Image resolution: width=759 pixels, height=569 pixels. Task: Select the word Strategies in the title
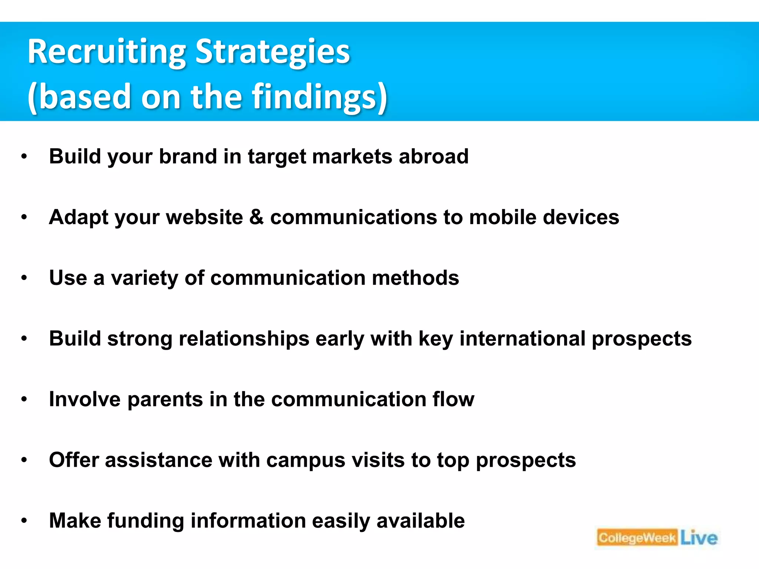coord(272,53)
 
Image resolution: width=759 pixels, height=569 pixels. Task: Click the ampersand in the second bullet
coord(256,217)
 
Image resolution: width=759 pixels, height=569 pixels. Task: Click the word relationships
coord(244,339)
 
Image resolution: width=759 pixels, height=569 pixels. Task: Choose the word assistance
coord(158,460)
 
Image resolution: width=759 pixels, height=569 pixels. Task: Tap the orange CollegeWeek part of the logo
coord(637,538)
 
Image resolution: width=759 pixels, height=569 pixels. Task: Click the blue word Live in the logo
coord(699,538)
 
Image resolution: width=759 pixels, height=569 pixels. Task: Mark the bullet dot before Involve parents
coord(24,399)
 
